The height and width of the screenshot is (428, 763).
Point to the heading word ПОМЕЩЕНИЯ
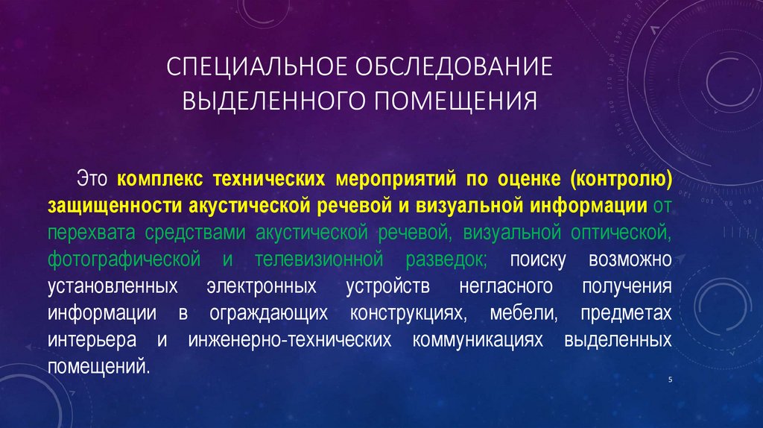tap(455, 100)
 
